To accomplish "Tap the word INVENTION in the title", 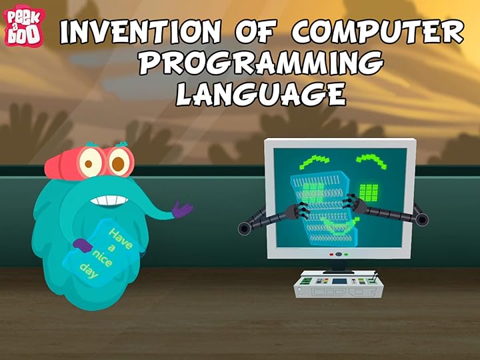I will [137, 31].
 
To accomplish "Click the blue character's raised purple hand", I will [181, 209].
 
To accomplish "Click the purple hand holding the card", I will [82, 245].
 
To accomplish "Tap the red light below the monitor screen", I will [331, 254].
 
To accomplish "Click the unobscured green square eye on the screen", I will [369, 192].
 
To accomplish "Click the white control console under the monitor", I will [340, 283].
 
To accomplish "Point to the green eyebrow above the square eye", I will [371, 162].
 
